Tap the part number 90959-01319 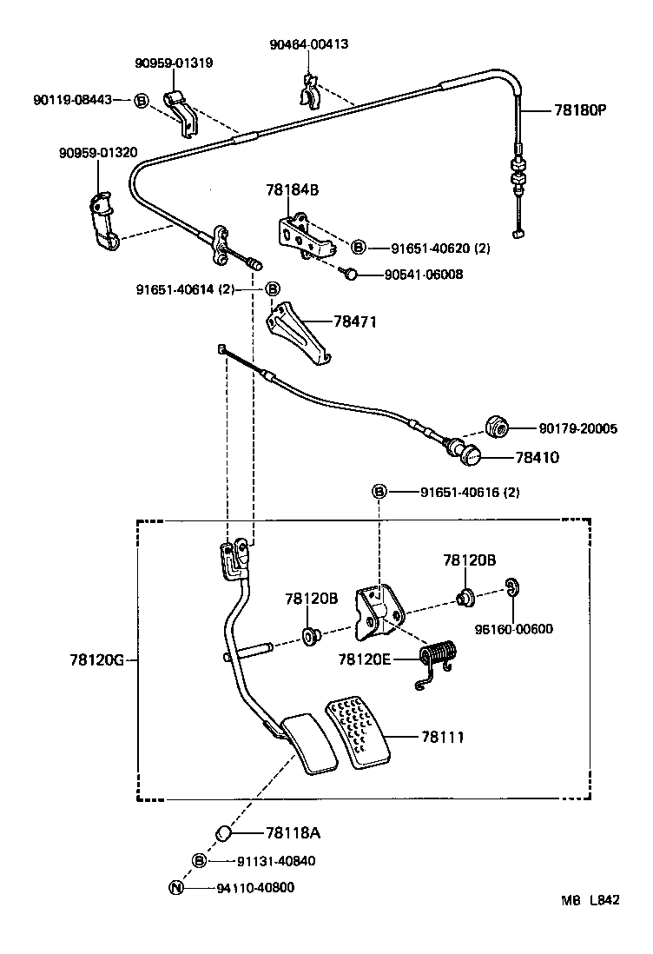(x=174, y=63)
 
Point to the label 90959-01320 (x=98, y=152)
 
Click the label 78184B (x=293, y=189)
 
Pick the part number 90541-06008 (x=424, y=275)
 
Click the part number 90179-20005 (x=577, y=428)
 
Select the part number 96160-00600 (x=513, y=629)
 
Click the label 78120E (x=366, y=659)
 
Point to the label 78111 (x=443, y=737)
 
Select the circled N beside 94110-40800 (x=175, y=888)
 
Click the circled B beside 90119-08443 (x=141, y=100)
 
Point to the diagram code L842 (x=605, y=901)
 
